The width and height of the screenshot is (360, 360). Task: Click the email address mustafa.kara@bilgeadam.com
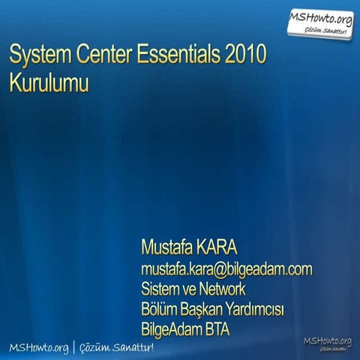point(226,269)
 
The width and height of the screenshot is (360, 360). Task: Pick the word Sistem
point(163,289)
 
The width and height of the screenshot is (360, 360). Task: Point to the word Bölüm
point(160,308)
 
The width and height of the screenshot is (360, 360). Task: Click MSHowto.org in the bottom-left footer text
point(38,347)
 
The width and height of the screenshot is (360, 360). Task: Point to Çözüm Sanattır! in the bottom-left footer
point(116,347)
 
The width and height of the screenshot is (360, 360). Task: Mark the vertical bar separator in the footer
point(74,347)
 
